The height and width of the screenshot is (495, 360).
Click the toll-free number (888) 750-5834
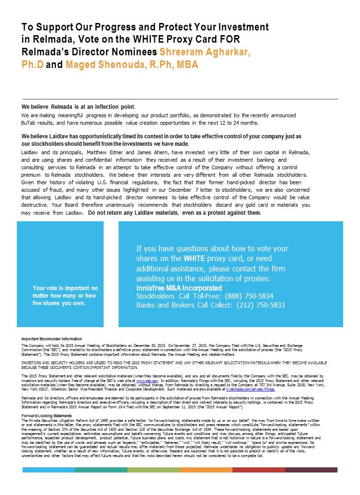click(249, 296)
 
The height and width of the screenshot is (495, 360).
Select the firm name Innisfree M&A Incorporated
click(179, 287)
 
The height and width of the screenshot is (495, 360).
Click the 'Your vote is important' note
click(65, 296)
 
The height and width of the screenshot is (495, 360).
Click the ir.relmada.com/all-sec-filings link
click(250, 389)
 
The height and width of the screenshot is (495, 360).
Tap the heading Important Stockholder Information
click(52, 339)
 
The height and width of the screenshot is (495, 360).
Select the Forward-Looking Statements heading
click(47, 416)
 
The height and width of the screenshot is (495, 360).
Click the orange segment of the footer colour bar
click(206, 470)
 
